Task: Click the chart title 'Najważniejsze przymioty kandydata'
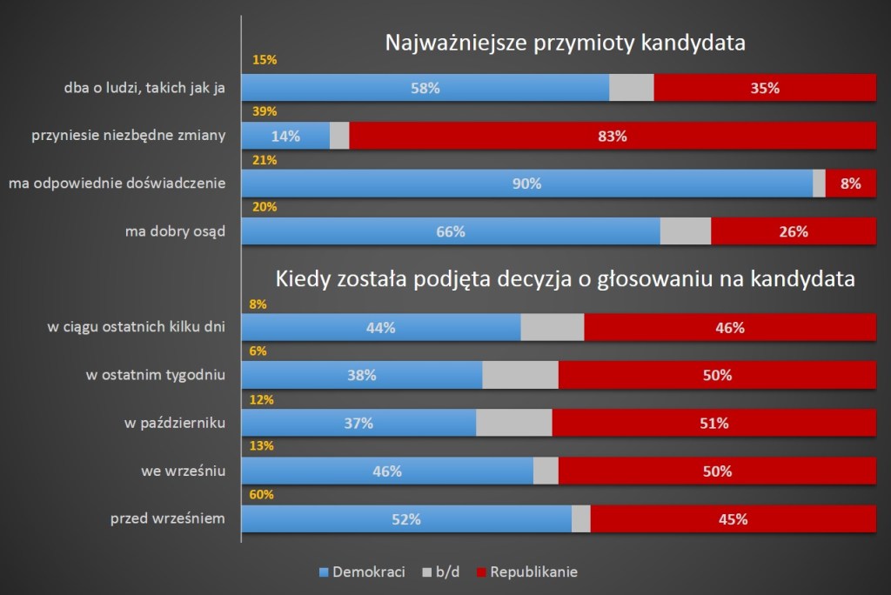pos(566,43)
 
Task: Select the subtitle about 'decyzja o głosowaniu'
pos(566,279)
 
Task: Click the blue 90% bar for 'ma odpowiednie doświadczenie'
pos(526,184)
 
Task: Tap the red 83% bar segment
pos(613,136)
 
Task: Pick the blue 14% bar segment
pos(285,136)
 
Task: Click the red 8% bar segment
pos(850,184)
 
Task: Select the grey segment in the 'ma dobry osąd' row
pos(686,231)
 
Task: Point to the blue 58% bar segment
pos(425,88)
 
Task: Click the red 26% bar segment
pos(794,231)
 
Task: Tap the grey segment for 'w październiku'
pos(514,423)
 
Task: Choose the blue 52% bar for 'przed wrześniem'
pos(406,519)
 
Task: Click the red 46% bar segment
pos(730,328)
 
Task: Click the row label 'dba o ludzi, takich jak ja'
pos(145,88)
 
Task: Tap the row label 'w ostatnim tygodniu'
pos(156,375)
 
